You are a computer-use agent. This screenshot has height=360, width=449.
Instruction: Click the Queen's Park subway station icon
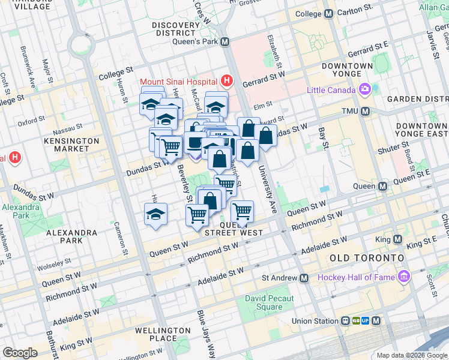point(225,42)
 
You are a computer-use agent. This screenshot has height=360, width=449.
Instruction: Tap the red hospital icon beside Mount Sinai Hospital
point(226,80)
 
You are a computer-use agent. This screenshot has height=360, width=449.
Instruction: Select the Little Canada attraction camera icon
point(364,90)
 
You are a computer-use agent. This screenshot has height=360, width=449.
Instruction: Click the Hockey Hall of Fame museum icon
point(404,277)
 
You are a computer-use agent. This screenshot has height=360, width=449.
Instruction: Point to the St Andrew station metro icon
point(304,278)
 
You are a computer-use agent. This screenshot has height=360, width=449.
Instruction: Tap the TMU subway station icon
point(364,111)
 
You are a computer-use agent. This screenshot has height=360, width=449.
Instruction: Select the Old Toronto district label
point(366,257)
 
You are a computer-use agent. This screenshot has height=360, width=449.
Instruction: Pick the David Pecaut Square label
point(268,302)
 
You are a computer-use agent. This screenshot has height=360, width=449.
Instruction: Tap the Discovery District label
point(175,29)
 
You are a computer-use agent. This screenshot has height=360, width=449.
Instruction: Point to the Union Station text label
point(315,321)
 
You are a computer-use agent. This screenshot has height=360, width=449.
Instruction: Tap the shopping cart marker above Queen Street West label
point(241,211)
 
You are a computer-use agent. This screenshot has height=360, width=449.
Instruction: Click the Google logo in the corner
point(20,353)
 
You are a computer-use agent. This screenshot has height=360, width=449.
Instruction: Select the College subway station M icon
point(328,13)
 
